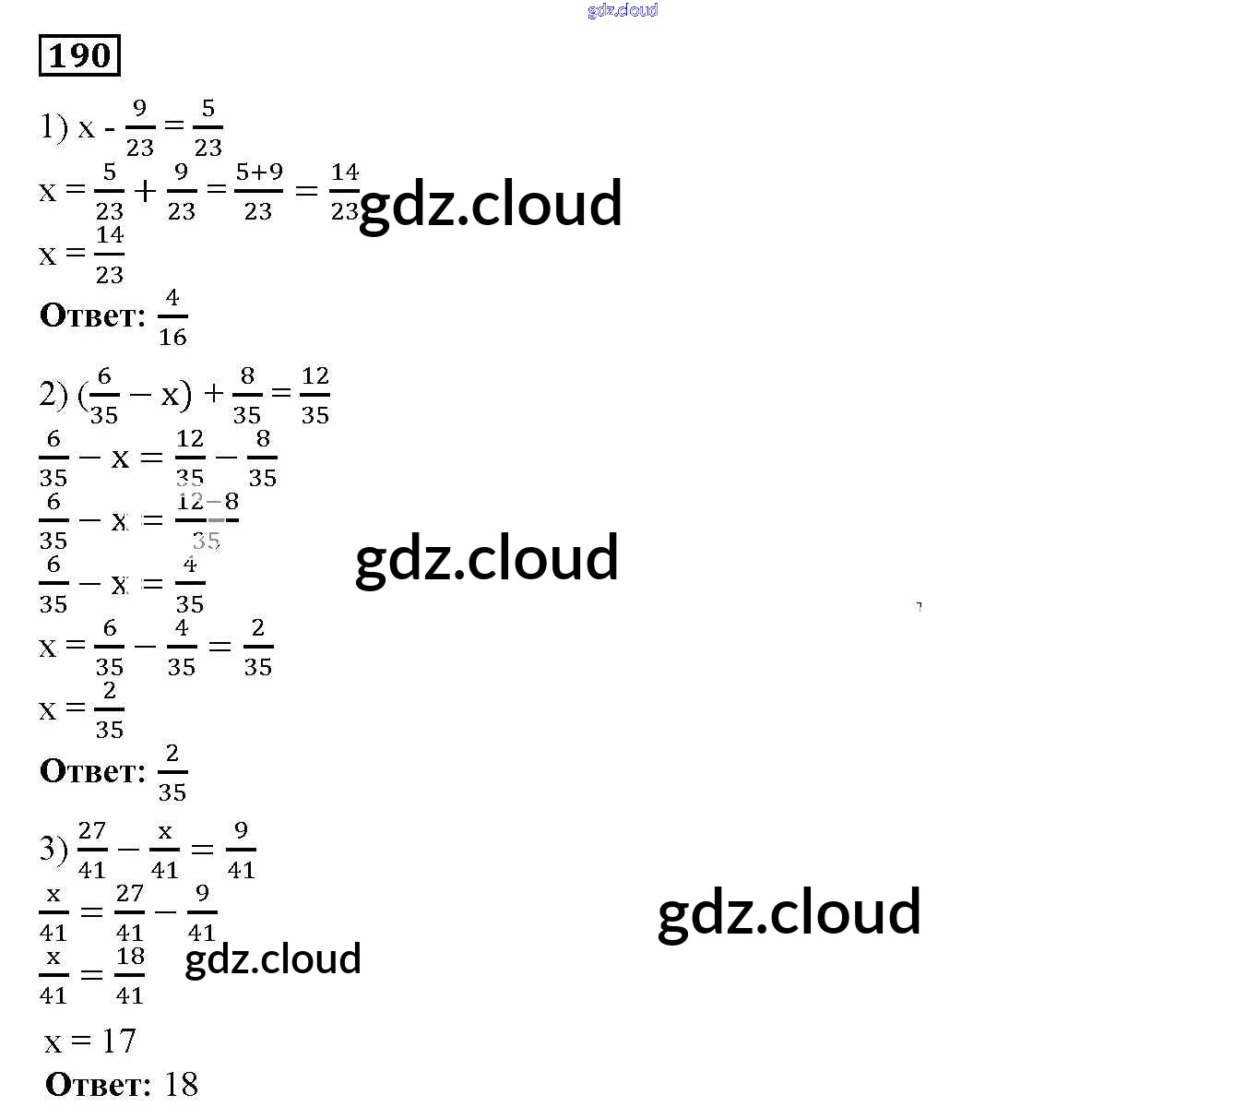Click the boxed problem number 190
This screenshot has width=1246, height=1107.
(79, 55)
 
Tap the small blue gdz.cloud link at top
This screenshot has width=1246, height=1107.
(623, 10)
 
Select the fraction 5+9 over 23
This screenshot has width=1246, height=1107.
(258, 191)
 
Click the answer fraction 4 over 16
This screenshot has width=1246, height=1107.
(172, 317)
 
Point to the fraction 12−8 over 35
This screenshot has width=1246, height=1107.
(208, 520)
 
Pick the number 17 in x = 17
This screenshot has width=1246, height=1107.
(119, 1042)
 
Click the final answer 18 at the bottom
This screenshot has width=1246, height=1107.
(181, 1084)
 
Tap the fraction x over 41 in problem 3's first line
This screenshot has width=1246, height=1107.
(164, 850)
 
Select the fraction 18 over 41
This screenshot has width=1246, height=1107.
(130, 975)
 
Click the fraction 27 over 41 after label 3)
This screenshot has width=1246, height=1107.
(92, 850)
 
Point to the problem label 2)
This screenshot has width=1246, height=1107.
(53, 395)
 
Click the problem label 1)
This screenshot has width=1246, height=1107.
(53, 127)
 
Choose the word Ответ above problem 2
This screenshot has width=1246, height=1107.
(92, 315)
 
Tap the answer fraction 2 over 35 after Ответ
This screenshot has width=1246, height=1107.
(172, 772)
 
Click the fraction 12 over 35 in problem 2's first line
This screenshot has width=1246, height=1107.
(314, 395)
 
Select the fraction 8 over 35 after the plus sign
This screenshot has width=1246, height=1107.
(247, 395)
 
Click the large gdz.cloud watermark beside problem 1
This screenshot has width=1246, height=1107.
(490, 204)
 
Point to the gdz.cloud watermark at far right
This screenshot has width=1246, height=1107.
(789, 911)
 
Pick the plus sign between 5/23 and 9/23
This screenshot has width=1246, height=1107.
(145, 191)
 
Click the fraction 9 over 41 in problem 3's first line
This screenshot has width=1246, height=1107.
(241, 850)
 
